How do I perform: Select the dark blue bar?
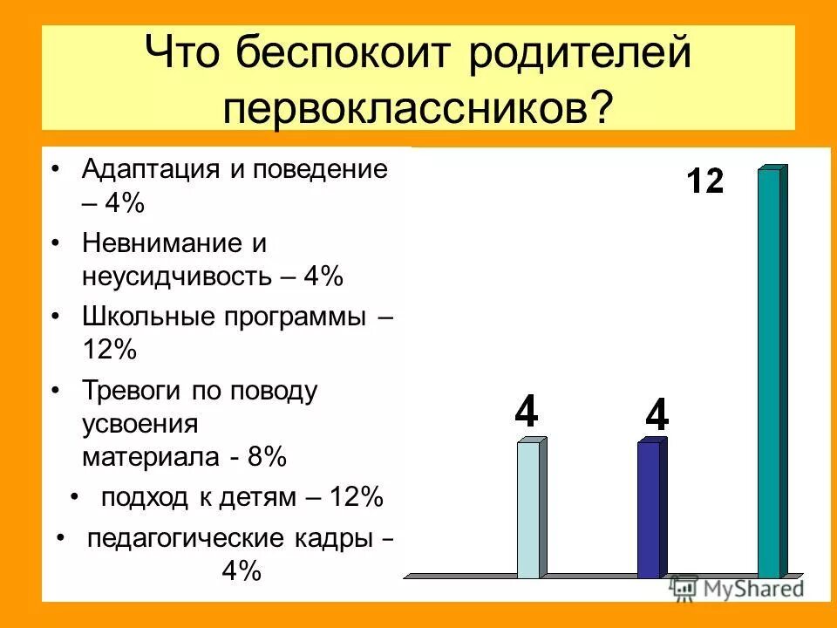650,509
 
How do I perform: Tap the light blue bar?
529,509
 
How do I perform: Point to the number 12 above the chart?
704,181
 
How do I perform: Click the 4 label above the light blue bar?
526,412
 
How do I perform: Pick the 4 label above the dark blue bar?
656,415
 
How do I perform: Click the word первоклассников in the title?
406,107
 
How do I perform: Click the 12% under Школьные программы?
110,350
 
